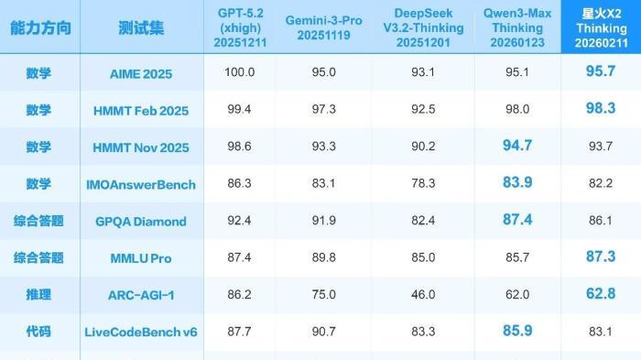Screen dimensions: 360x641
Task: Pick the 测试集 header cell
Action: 141,28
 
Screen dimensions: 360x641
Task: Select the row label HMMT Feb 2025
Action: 141,111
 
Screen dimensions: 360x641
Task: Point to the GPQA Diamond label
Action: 141,221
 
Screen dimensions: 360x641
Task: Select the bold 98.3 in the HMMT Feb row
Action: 600,109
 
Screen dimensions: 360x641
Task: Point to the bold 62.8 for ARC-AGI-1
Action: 600,293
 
